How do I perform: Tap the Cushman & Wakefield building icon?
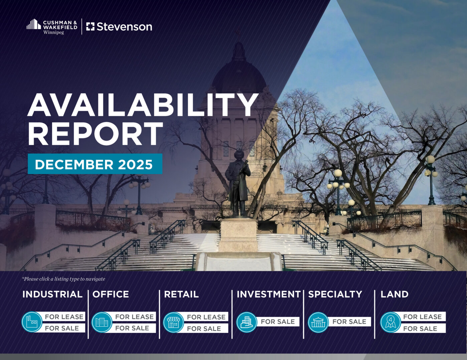click(34, 24)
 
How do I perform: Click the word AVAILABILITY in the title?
click(143, 105)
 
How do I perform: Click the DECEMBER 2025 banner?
click(95, 164)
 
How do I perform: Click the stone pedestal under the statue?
click(238, 235)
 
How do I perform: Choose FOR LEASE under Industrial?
click(64, 316)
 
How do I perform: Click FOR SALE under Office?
click(132, 328)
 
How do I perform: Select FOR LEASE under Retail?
click(206, 317)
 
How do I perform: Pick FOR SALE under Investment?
click(278, 322)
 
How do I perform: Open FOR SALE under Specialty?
click(349, 322)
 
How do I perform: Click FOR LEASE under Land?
click(422, 316)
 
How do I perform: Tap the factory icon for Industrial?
click(32, 322)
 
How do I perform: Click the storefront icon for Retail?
click(173, 322)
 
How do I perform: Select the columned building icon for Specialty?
click(318, 322)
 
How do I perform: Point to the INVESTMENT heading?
click(269, 294)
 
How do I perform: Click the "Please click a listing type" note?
click(63, 279)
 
